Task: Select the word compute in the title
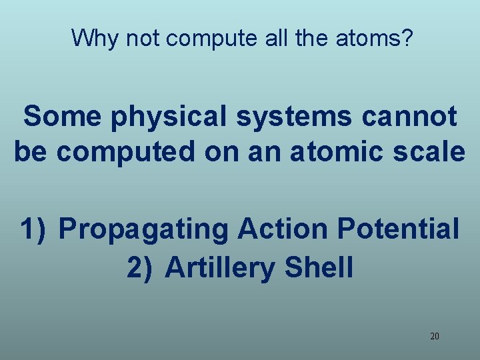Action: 210,38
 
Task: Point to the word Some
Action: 62,117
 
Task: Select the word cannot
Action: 410,117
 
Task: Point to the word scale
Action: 425,152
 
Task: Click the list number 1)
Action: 35,229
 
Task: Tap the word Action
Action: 283,229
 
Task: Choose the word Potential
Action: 399,229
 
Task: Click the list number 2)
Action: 141,268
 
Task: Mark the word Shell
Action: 319,268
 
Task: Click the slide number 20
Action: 435,337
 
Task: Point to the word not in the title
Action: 143,38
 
